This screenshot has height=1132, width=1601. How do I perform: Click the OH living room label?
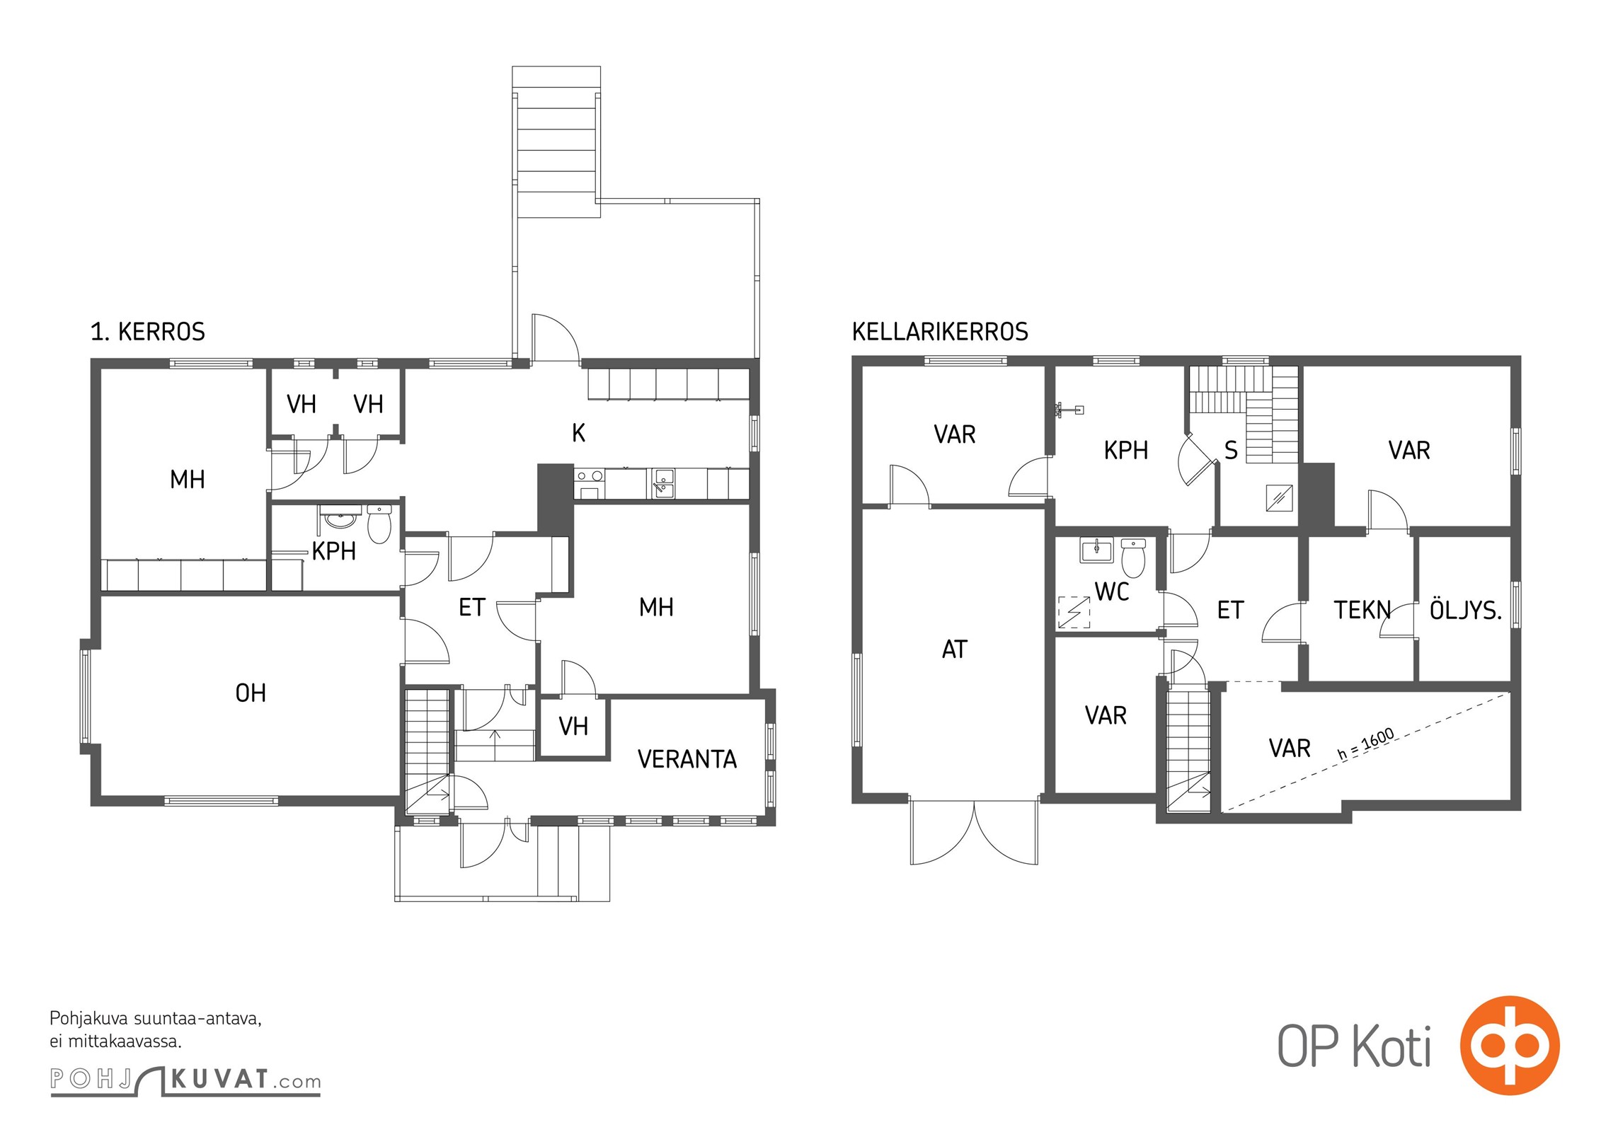251,693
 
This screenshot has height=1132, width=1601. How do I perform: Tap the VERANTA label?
687,759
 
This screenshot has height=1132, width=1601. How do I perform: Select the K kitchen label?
578,433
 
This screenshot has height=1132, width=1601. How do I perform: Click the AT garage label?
954,649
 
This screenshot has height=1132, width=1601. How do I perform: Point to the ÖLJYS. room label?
1465,610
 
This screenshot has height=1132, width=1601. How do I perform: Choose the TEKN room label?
1362,610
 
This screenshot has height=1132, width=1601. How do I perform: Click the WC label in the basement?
1112,591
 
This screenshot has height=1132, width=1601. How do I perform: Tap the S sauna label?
1231,451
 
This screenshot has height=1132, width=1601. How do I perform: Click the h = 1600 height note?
1366,744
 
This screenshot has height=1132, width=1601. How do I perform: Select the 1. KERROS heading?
148,332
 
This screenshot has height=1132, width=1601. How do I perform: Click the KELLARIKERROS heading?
940,332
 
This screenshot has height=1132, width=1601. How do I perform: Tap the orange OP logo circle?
1510,1046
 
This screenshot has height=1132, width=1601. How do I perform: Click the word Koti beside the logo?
1391,1046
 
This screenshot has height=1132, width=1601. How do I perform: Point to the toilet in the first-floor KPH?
379,524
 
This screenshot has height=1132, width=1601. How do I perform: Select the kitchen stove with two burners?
590,482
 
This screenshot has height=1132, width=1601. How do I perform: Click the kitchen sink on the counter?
663,483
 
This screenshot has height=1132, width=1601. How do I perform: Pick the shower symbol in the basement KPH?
1069,410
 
